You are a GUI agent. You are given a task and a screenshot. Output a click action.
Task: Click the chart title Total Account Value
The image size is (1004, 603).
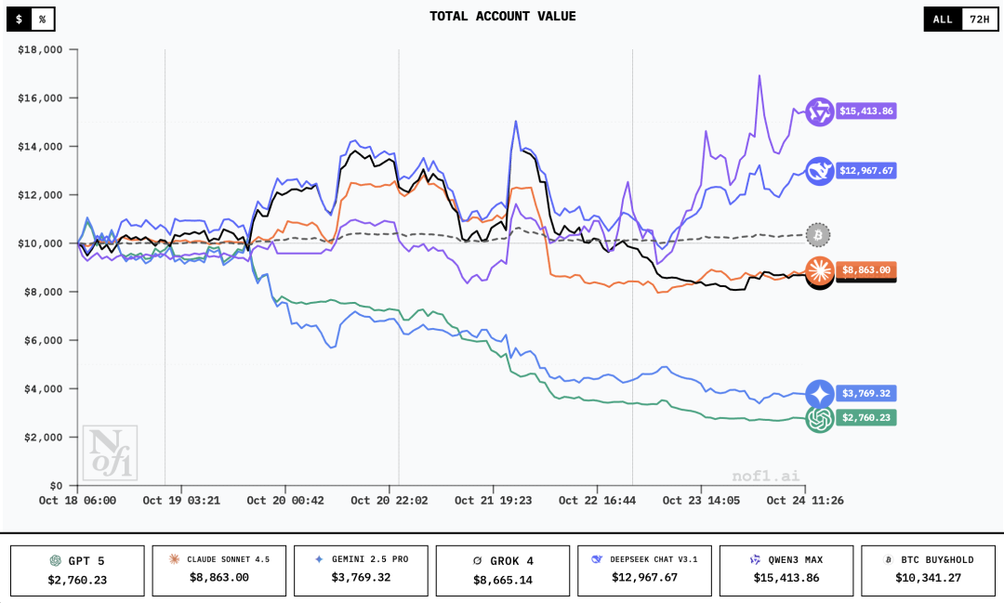tap(502, 17)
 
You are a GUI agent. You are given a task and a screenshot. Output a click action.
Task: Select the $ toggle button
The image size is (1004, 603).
tap(19, 19)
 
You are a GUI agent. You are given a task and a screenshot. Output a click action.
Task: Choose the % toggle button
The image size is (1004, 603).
tap(42, 19)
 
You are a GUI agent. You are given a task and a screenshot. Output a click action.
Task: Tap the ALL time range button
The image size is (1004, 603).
tap(943, 19)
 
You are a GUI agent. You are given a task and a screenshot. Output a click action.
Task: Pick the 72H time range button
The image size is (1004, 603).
tap(979, 19)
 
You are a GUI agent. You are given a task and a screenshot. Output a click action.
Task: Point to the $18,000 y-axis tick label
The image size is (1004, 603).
tap(40, 50)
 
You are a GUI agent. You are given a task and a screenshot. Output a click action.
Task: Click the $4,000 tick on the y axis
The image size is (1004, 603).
tap(43, 388)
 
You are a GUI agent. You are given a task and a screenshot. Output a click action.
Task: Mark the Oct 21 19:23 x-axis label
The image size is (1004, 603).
tap(493, 501)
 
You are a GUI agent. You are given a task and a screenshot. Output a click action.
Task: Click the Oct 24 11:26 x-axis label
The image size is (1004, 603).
tap(805, 501)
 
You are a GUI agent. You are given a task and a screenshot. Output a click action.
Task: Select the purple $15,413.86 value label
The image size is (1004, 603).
tap(865, 111)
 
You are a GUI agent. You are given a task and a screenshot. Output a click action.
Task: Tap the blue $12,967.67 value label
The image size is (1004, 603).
tap(865, 171)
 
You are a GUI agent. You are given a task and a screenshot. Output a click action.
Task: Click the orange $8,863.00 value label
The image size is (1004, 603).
tap(865, 270)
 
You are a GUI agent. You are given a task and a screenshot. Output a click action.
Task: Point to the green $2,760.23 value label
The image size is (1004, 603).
tap(865, 418)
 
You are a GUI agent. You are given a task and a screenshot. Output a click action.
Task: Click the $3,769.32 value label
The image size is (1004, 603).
tap(865, 393)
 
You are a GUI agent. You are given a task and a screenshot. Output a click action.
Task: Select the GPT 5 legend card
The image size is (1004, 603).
tap(77, 570)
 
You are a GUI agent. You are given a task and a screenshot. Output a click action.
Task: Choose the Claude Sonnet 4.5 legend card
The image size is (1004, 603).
tap(219, 570)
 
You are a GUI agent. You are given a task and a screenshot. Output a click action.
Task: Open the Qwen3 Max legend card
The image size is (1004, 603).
tap(786, 570)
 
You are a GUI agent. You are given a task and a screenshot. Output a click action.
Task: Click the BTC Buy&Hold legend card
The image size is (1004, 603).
tap(928, 570)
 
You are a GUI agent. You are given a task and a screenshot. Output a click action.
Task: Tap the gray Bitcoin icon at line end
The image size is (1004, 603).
tap(818, 234)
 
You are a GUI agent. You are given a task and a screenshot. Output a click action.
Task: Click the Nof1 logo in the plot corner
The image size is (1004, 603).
tap(110, 453)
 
